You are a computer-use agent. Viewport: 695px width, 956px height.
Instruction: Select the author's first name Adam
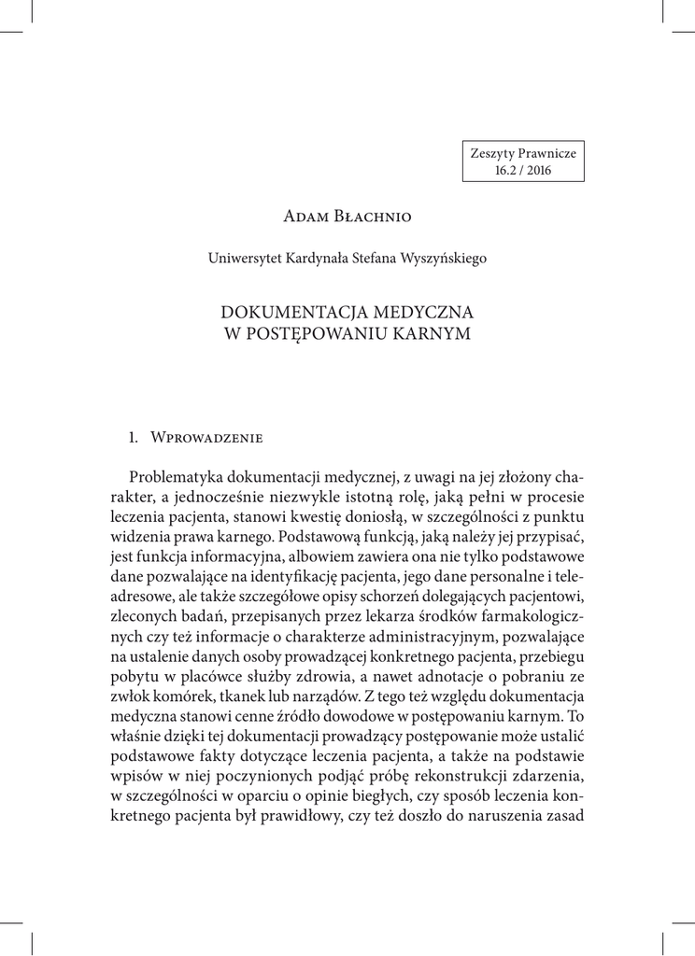(302, 218)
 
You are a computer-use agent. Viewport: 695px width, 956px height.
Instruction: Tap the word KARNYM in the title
(430, 331)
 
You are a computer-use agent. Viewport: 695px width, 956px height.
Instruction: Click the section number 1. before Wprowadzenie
(134, 436)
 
